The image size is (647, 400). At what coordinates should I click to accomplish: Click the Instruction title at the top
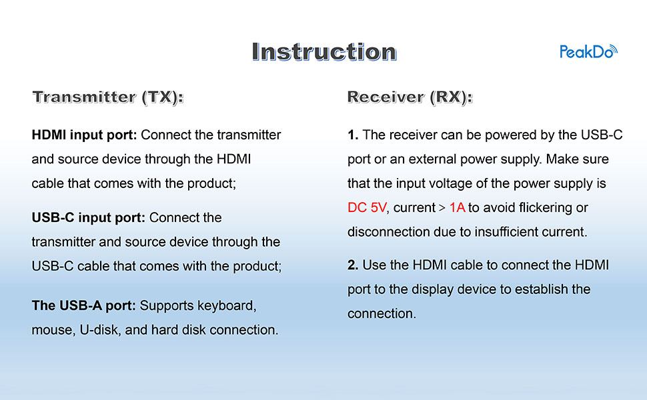pos(324,52)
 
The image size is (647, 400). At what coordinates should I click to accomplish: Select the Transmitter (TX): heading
pos(107,97)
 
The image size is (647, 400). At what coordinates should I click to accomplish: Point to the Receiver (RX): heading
pos(410,97)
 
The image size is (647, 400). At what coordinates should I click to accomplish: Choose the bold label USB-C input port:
pos(89,218)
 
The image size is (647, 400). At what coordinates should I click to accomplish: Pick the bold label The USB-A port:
pos(84,306)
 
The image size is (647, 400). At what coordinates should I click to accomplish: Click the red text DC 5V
pos(367,208)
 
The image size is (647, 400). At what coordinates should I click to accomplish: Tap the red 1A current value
pos(457,208)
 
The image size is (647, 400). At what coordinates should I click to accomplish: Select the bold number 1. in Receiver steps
pos(353,135)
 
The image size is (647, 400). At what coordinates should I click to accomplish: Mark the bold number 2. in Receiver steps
pos(353,265)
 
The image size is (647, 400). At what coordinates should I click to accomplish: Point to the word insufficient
pos(504,232)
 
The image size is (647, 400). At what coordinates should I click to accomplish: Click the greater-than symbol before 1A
pos(442,208)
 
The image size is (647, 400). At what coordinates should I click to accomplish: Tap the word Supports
pos(167,306)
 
